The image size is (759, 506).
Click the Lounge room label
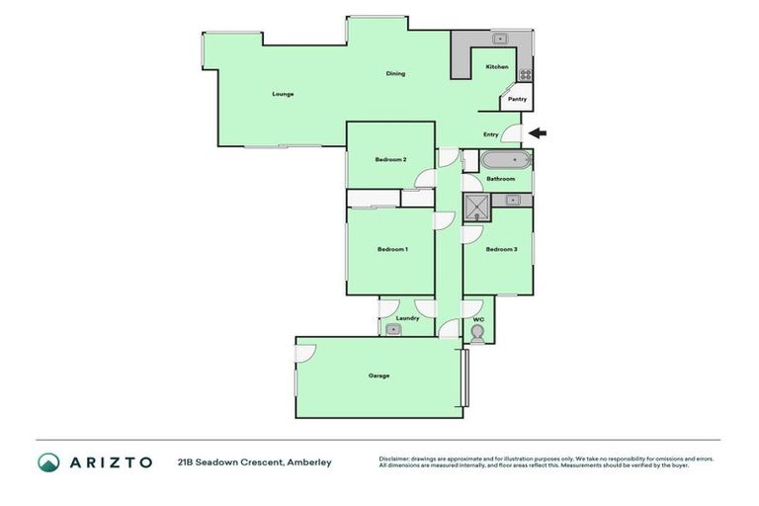point(284,94)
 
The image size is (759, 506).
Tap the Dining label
point(395,74)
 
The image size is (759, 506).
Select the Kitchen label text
point(497,66)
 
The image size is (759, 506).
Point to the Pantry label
point(517,99)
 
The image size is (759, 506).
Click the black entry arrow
point(537,133)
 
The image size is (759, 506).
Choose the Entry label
point(491,134)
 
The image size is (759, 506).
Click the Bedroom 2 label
point(390,159)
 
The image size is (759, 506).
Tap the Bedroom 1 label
point(392,249)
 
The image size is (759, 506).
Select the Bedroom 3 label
point(501,249)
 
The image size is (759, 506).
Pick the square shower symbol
point(477,206)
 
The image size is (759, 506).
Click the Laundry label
point(407,318)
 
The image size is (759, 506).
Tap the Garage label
point(379,376)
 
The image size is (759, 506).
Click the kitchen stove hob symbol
point(526,73)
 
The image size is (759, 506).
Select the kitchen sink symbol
point(500,40)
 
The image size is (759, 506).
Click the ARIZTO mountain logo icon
point(48,462)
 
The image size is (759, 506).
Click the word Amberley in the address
point(310,462)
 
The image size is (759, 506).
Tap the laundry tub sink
point(393,330)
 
